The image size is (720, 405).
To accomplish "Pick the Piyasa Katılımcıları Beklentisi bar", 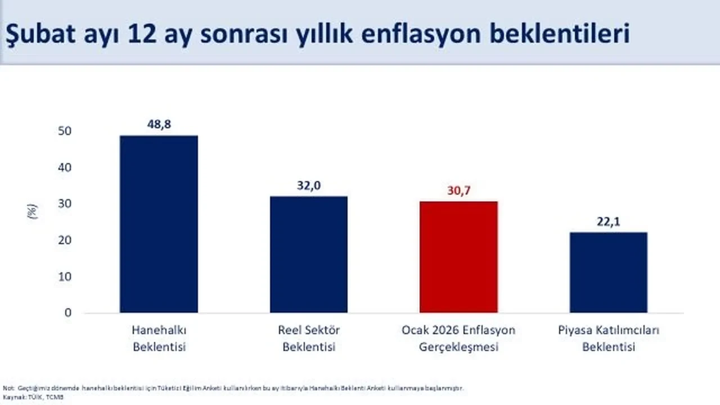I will pos(608,272).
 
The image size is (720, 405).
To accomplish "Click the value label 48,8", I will pos(159,125).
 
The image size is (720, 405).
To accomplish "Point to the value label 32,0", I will pos(309,186).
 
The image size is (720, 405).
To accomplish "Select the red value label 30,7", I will pos(458,191).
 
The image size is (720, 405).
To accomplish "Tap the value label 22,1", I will pos(609,222).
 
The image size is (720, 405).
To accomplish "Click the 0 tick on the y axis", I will pos(68,313).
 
